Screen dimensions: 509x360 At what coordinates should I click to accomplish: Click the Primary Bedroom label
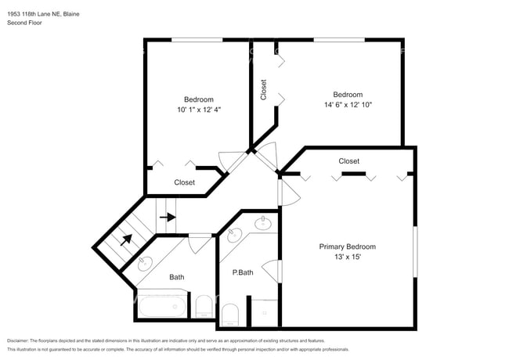coord(348,247)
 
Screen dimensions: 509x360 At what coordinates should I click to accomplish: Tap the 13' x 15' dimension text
coord(348,257)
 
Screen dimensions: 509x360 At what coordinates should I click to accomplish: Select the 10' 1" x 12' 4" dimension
coord(199,110)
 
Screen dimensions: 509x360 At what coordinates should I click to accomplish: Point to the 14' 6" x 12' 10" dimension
coord(348,105)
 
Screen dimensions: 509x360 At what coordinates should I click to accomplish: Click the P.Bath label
coord(243,272)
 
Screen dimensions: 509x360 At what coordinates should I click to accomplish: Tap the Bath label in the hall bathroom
coord(177,277)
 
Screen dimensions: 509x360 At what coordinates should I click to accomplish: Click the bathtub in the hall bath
coord(162,306)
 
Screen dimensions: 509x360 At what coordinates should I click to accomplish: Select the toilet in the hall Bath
coord(204,307)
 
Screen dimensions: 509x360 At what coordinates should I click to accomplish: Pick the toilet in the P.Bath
coord(230,315)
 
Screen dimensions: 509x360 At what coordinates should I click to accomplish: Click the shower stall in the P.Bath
coord(265,312)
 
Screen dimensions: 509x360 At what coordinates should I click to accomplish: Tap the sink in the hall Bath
coord(144,264)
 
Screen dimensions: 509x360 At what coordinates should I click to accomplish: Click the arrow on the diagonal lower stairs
coord(126,239)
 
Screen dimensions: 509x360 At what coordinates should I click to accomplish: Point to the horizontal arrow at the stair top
coord(168,217)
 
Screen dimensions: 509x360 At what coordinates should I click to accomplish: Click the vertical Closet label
coord(264,90)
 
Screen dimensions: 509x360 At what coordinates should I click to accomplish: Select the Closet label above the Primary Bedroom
coord(349,161)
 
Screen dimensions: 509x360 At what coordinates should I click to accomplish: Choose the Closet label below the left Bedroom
coord(184,182)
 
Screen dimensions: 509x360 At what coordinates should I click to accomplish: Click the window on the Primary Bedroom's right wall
coord(415,252)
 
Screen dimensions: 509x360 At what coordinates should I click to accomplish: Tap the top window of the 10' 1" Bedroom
coord(197,40)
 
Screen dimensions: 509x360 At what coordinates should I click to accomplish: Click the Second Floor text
coord(24,23)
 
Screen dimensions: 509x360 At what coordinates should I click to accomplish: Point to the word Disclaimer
coord(17,341)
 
